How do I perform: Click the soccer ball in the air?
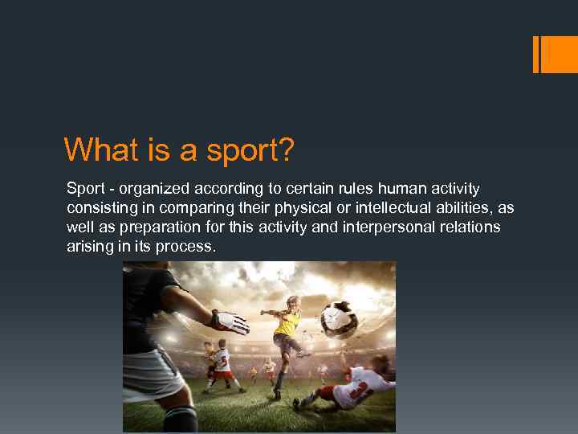coord(339,318)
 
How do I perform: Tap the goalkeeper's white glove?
coord(230,322)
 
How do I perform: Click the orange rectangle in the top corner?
coord(559,55)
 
